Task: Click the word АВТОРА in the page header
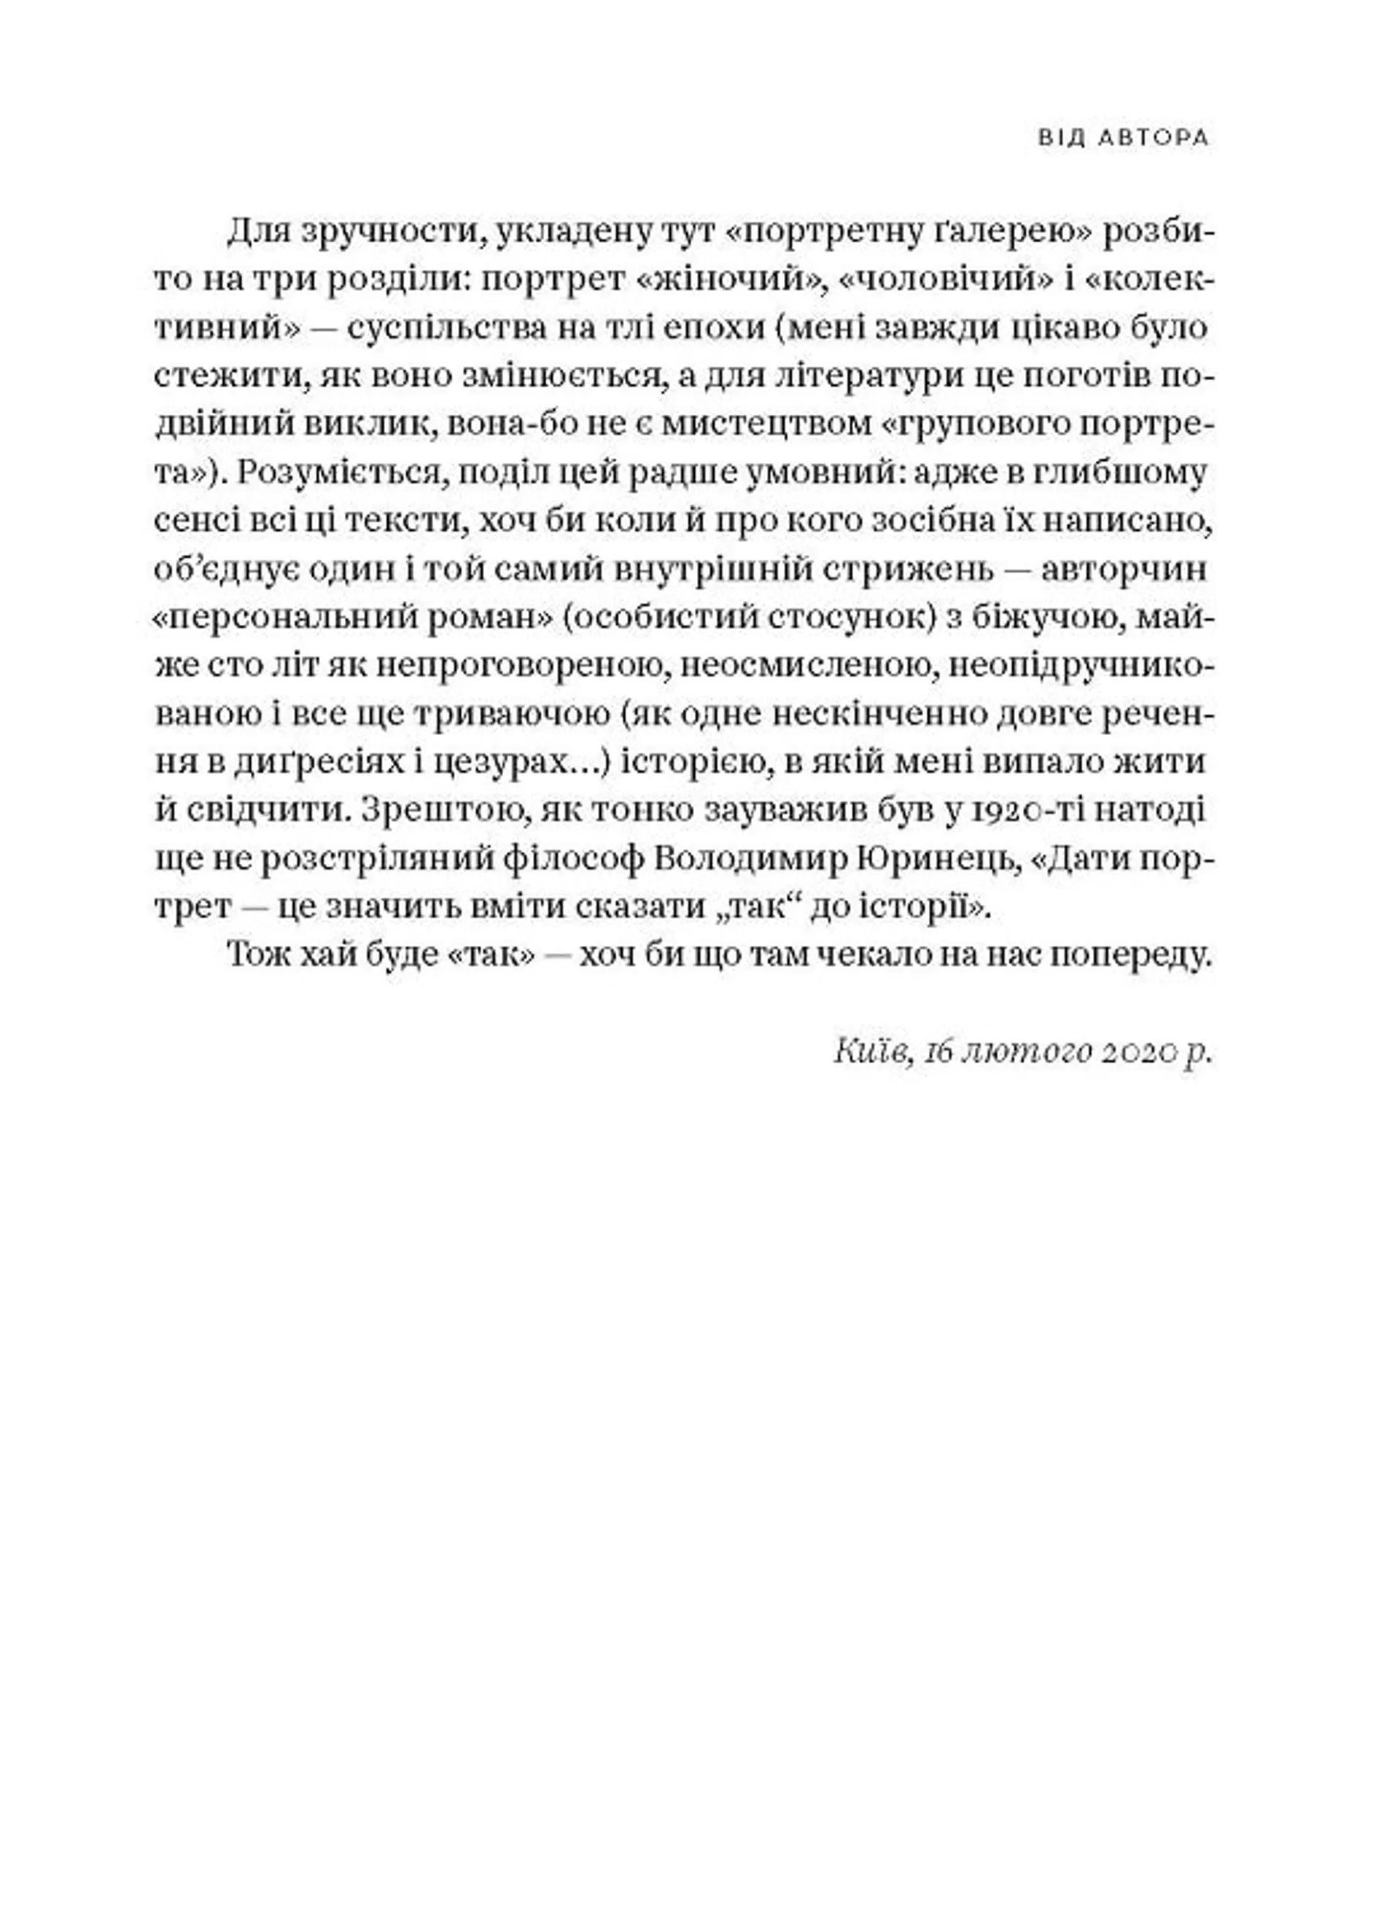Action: point(1153,138)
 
